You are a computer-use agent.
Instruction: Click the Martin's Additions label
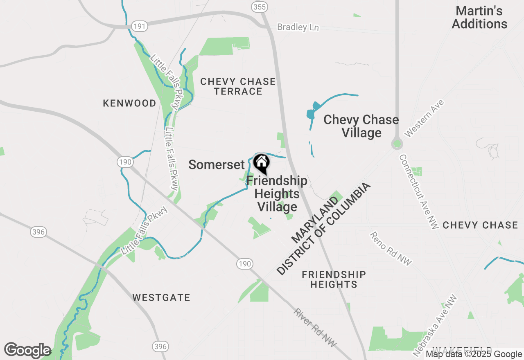coord(479,18)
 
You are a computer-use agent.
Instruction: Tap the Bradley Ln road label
coord(298,27)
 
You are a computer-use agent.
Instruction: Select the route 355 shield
coord(259,7)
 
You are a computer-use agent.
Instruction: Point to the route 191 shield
coord(139,26)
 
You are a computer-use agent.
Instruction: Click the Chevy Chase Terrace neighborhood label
coord(238,86)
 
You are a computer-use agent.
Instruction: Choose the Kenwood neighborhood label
coord(129,103)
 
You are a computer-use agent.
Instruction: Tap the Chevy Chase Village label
coord(361,126)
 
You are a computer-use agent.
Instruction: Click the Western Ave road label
coord(424,118)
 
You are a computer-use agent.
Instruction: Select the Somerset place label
coord(216,164)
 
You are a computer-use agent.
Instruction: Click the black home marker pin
coord(261,163)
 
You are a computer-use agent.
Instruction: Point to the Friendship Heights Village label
coord(277,193)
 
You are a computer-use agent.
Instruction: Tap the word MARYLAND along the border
coord(315,219)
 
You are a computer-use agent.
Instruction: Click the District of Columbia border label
coord(323,229)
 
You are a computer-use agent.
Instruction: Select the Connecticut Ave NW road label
coord(419,191)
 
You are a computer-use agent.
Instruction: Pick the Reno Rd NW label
coord(391,249)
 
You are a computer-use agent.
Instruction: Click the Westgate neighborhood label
coord(161,297)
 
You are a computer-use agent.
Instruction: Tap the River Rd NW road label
coord(315,328)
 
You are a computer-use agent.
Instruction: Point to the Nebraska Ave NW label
coord(435,326)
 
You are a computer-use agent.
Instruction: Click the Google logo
coord(27,351)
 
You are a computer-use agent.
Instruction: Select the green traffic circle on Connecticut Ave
coord(396,144)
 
